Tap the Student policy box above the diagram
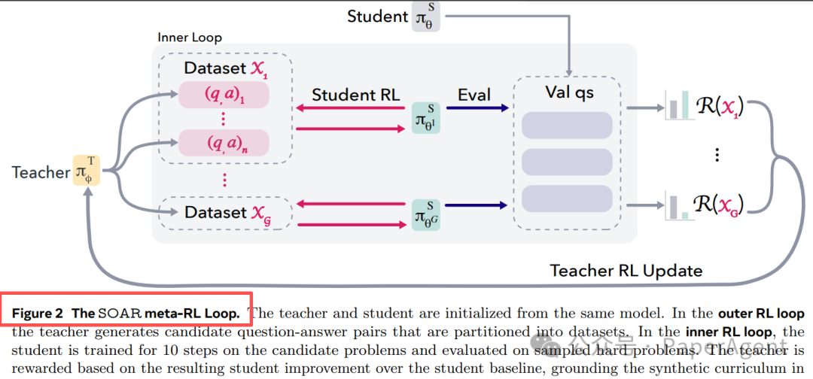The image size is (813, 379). click(425, 17)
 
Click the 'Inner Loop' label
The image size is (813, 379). click(190, 37)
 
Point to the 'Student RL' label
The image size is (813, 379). click(356, 95)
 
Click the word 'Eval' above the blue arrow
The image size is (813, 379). click(474, 95)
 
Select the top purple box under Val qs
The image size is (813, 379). click(566, 125)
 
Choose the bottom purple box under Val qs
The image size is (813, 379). click(566, 198)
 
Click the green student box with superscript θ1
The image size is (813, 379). click(425, 119)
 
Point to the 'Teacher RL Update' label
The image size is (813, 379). click(626, 270)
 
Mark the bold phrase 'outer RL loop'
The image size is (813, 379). click(761, 313)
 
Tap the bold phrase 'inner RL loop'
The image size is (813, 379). click(723, 331)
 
